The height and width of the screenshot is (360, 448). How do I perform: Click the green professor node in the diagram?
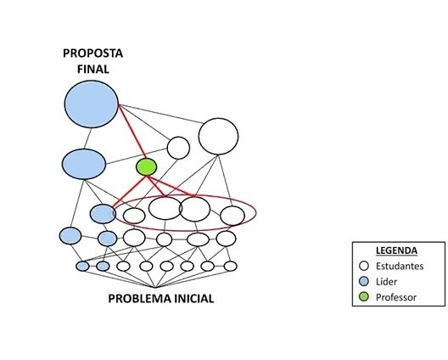[146, 167]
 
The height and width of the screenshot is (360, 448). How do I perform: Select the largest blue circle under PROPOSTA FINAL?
[92, 104]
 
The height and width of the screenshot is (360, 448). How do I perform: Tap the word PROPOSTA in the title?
[92, 53]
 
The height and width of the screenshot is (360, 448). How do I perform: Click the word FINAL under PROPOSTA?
[93, 70]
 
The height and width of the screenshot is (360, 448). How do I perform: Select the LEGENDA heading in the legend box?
[396, 250]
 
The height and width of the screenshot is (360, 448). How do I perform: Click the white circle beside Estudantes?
[364, 266]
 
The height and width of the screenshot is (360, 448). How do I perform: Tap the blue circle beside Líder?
[364, 281]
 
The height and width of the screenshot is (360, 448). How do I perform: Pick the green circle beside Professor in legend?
[364, 297]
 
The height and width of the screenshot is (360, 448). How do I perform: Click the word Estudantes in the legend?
[400, 267]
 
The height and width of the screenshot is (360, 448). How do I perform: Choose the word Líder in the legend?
[386, 282]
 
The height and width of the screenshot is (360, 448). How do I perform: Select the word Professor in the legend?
[396, 297]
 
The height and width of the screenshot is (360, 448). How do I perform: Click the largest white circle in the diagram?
[219, 137]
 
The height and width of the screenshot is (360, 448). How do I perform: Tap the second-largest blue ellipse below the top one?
[84, 164]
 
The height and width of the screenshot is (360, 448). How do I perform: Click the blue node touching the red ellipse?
[103, 214]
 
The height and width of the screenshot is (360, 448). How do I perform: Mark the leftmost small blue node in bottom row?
[82, 267]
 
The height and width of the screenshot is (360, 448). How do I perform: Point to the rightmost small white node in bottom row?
[231, 267]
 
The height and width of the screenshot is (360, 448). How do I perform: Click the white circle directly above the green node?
[178, 148]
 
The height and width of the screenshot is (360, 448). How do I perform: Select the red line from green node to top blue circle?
[132, 132]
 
